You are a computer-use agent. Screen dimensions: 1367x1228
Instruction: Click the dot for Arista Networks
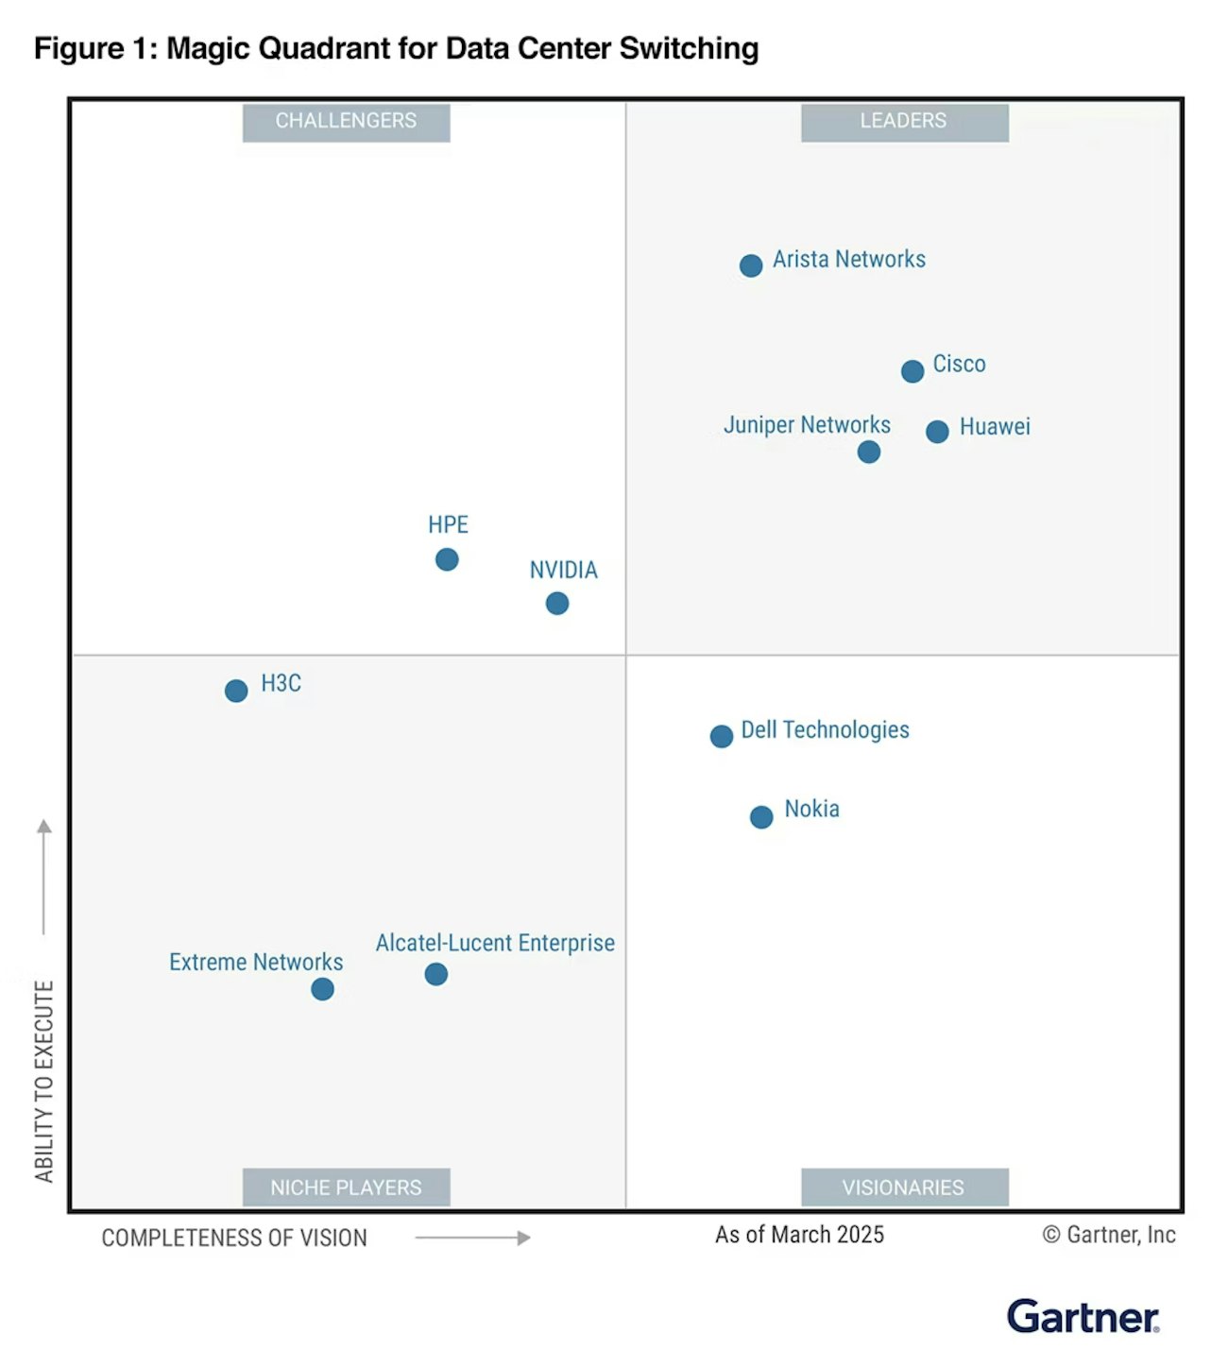click(x=751, y=265)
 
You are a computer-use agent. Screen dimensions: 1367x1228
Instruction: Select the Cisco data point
click(x=912, y=371)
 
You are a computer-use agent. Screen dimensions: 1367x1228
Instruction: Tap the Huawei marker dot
click(x=937, y=432)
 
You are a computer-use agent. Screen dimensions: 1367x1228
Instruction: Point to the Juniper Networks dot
click(x=869, y=452)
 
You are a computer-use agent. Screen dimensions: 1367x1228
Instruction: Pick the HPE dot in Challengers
click(x=447, y=559)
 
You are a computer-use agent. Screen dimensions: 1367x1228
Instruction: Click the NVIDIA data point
click(x=557, y=603)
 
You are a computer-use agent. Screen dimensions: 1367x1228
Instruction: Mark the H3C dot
click(x=236, y=691)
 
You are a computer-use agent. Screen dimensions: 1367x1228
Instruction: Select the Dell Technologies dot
click(x=722, y=736)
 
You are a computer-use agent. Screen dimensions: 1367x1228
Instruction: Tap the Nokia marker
click(x=761, y=817)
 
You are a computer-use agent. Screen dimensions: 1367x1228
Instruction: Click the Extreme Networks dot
click(x=322, y=989)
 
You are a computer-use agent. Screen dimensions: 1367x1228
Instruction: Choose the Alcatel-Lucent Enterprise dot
click(x=435, y=974)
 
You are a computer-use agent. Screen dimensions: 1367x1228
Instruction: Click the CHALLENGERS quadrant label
click(x=346, y=122)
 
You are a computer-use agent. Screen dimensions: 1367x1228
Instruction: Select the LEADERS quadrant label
click(x=904, y=122)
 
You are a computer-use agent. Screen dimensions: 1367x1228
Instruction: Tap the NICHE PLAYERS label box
click(x=346, y=1188)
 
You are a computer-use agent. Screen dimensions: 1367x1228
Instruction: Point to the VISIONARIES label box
click(x=904, y=1188)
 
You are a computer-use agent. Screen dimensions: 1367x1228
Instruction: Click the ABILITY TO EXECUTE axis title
click(x=44, y=1081)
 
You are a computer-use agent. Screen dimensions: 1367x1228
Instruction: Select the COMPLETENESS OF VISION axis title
click(x=234, y=1238)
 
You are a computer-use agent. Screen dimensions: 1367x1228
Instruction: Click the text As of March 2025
click(x=799, y=1235)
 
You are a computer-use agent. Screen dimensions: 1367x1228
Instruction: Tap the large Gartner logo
click(x=1083, y=1316)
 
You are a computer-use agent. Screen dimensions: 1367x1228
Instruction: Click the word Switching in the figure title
click(x=689, y=48)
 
